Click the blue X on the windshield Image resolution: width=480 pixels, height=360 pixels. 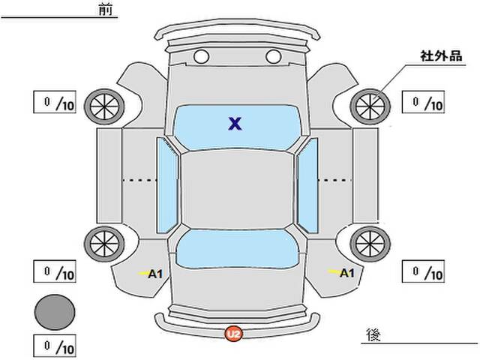235,123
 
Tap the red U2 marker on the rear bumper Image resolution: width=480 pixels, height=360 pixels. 234,333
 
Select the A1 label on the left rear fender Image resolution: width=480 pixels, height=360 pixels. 155,274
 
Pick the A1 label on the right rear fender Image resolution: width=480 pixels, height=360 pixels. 347,273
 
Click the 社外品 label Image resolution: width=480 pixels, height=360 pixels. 441,56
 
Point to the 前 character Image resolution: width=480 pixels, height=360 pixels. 106,10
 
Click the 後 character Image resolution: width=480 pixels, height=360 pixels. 373,334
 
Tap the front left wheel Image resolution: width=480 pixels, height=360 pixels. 104,106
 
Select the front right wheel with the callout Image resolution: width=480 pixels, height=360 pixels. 370,106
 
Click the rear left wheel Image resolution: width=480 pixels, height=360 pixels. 104,244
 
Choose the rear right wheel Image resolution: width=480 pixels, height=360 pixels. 370,244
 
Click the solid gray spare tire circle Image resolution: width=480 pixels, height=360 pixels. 55,312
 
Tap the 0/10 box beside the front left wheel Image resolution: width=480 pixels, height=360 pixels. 55,102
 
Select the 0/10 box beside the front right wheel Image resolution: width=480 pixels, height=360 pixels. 423,102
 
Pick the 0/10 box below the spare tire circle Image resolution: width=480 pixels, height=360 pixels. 55,346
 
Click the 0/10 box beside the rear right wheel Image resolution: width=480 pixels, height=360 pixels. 423,271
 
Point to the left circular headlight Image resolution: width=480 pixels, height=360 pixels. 201,57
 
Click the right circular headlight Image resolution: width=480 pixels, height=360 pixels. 273,57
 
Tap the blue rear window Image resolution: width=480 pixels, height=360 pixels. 238,248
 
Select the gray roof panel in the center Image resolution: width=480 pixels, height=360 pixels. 237,190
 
